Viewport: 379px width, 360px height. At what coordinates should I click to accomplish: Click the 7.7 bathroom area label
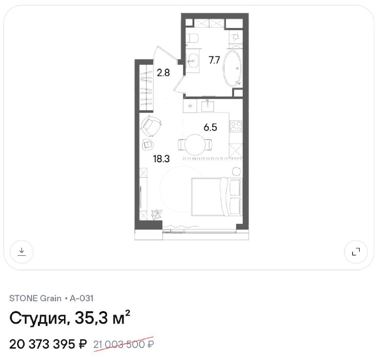(x=215, y=60)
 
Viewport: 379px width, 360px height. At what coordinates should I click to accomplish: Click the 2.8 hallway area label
(x=163, y=73)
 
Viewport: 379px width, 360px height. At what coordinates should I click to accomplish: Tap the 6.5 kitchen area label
(x=210, y=127)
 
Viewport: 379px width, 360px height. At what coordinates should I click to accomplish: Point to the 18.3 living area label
(x=161, y=159)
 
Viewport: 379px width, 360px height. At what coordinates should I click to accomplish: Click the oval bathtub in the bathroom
(x=232, y=68)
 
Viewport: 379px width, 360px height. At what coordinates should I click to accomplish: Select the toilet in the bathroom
(x=193, y=38)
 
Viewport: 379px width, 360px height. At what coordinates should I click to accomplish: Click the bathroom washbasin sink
(x=193, y=61)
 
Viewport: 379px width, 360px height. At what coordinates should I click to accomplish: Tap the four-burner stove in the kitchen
(x=236, y=126)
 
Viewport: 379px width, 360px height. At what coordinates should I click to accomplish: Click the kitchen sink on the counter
(x=208, y=106)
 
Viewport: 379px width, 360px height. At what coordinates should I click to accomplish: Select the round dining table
(x=195, y=145)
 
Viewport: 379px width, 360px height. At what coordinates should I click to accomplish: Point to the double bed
(x=217, y=197)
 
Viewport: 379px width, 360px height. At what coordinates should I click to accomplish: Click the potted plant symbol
(x=157, y=214)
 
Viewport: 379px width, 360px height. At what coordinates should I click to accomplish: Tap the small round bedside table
(x=236, y=171)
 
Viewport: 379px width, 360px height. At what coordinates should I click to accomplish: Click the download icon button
(x=21, y=252)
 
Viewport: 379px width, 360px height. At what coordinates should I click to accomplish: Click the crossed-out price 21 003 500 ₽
(x=124, y=344)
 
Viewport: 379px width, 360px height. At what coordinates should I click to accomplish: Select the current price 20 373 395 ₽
(x=48, y=344)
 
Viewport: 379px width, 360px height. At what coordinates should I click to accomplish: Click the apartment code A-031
(x=81, y=298)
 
